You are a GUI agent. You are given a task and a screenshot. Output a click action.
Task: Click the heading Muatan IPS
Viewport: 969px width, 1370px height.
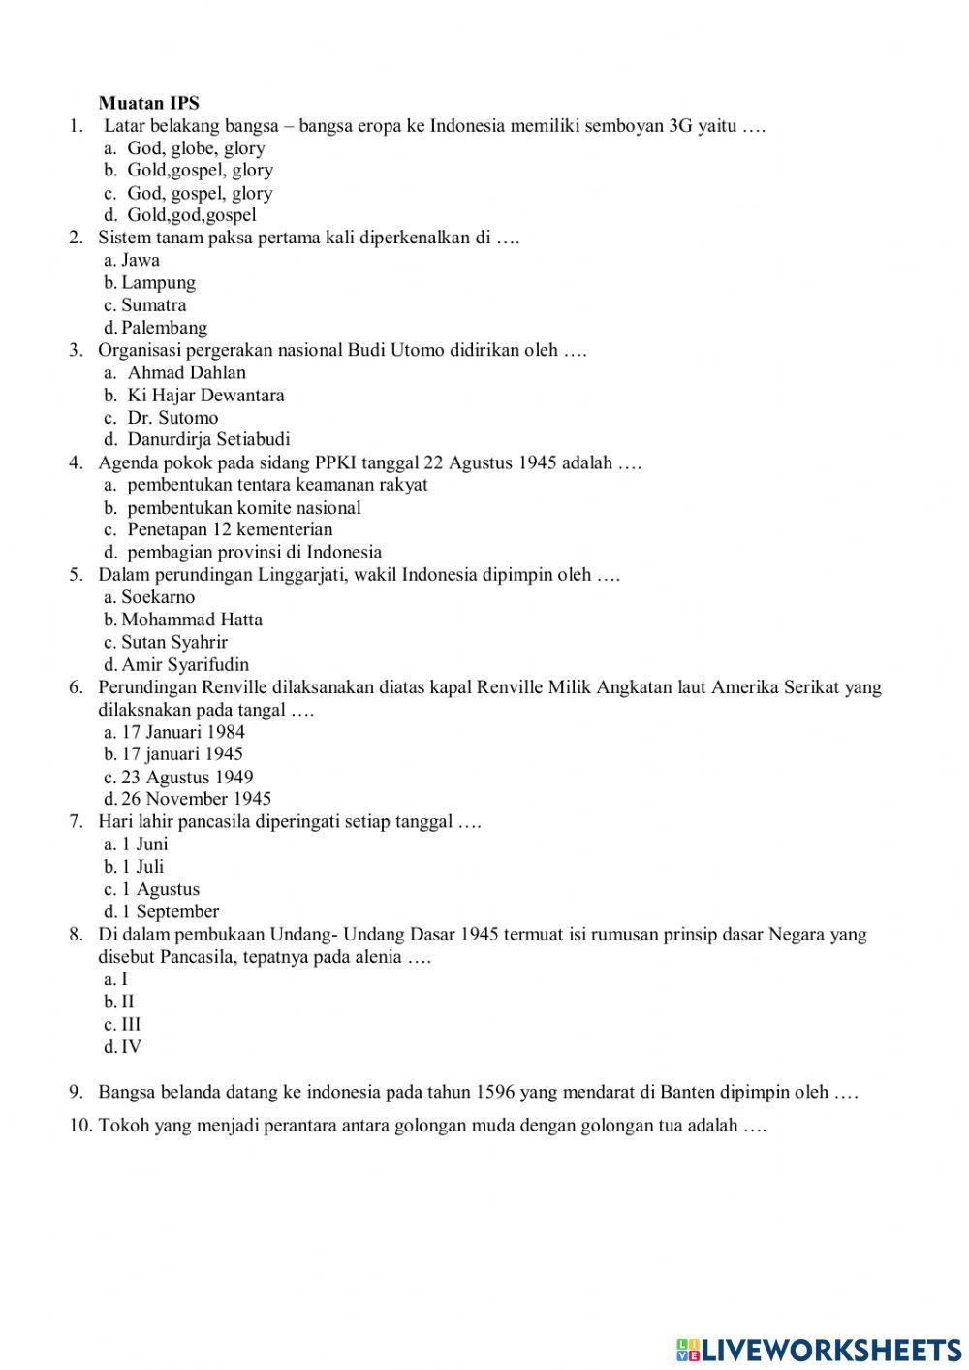pyautogui.click(x=148, y=103)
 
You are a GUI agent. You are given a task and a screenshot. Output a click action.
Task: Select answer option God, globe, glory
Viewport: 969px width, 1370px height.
pyautogui.click(x=196, y=148)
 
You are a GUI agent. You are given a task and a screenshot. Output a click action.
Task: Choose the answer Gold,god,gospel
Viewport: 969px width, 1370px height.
pyautogui.click(x=192, y=215)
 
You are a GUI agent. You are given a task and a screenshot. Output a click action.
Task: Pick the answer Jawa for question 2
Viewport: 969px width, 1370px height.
pyautogui.click(x=141, y=260)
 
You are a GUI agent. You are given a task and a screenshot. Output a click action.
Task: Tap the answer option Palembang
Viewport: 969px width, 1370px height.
pyautogui.click(x=164, y=328)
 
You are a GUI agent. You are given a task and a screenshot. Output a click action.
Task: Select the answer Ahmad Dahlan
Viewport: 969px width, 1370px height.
pyautogui.click(x=186, y=372)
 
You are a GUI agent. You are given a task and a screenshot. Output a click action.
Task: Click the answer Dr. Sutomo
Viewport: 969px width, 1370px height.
pyautogui.click(x=172, y=418)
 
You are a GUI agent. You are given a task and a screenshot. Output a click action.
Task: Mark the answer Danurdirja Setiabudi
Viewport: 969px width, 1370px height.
pyautogui.click(x=208, y=439)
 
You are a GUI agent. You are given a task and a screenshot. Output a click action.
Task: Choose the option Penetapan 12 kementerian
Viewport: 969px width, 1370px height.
pyautogui.click(x=230, y=529)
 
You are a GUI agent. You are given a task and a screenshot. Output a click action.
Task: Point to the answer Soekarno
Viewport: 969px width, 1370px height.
pyautogui.click(x=158, y=597)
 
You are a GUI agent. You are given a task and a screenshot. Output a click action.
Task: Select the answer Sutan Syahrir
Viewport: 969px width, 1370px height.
pyautogui.click(x=174, y=642)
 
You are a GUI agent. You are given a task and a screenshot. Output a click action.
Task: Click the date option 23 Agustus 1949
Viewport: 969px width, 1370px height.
pyautogui.click(x=187, y=777)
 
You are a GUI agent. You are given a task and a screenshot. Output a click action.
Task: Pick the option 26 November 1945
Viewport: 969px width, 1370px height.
pyautogui.click(x=196, y=799)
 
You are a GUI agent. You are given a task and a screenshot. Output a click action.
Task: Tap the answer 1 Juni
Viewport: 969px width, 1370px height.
pyautogui.click(x=144, y=844)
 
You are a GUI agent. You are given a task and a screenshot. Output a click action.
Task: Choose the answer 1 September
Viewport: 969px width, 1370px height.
pyautogui.click(x=170, y=911)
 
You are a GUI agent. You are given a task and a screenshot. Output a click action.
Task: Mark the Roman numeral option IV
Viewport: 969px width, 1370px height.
pyautogui.click(x=131, y=1046)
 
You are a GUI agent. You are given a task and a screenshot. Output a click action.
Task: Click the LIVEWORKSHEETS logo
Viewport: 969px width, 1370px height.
pyautogui.click(x=819, y=1349)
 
